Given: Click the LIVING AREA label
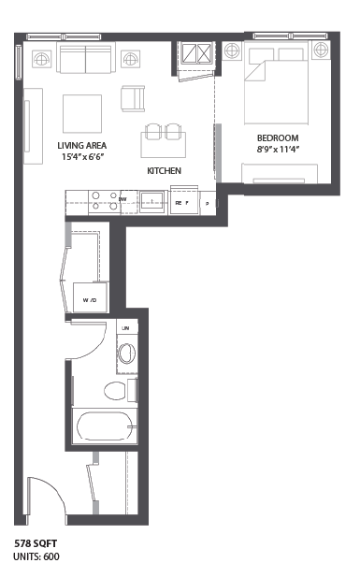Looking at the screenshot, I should point(82,145).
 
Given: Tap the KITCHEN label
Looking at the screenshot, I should point(164,171).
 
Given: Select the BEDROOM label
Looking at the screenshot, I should point(279,137).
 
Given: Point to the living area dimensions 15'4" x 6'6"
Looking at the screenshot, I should point(82,157).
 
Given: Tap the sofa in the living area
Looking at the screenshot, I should point(86,59).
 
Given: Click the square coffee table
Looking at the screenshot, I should point(82,113).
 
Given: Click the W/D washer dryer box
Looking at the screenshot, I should point(90,300).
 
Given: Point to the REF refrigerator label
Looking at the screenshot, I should point(180,201).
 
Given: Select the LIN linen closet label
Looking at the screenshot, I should point(124,327).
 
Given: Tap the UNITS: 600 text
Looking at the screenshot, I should point(36,555).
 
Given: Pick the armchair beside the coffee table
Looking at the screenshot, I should point(134,96).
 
